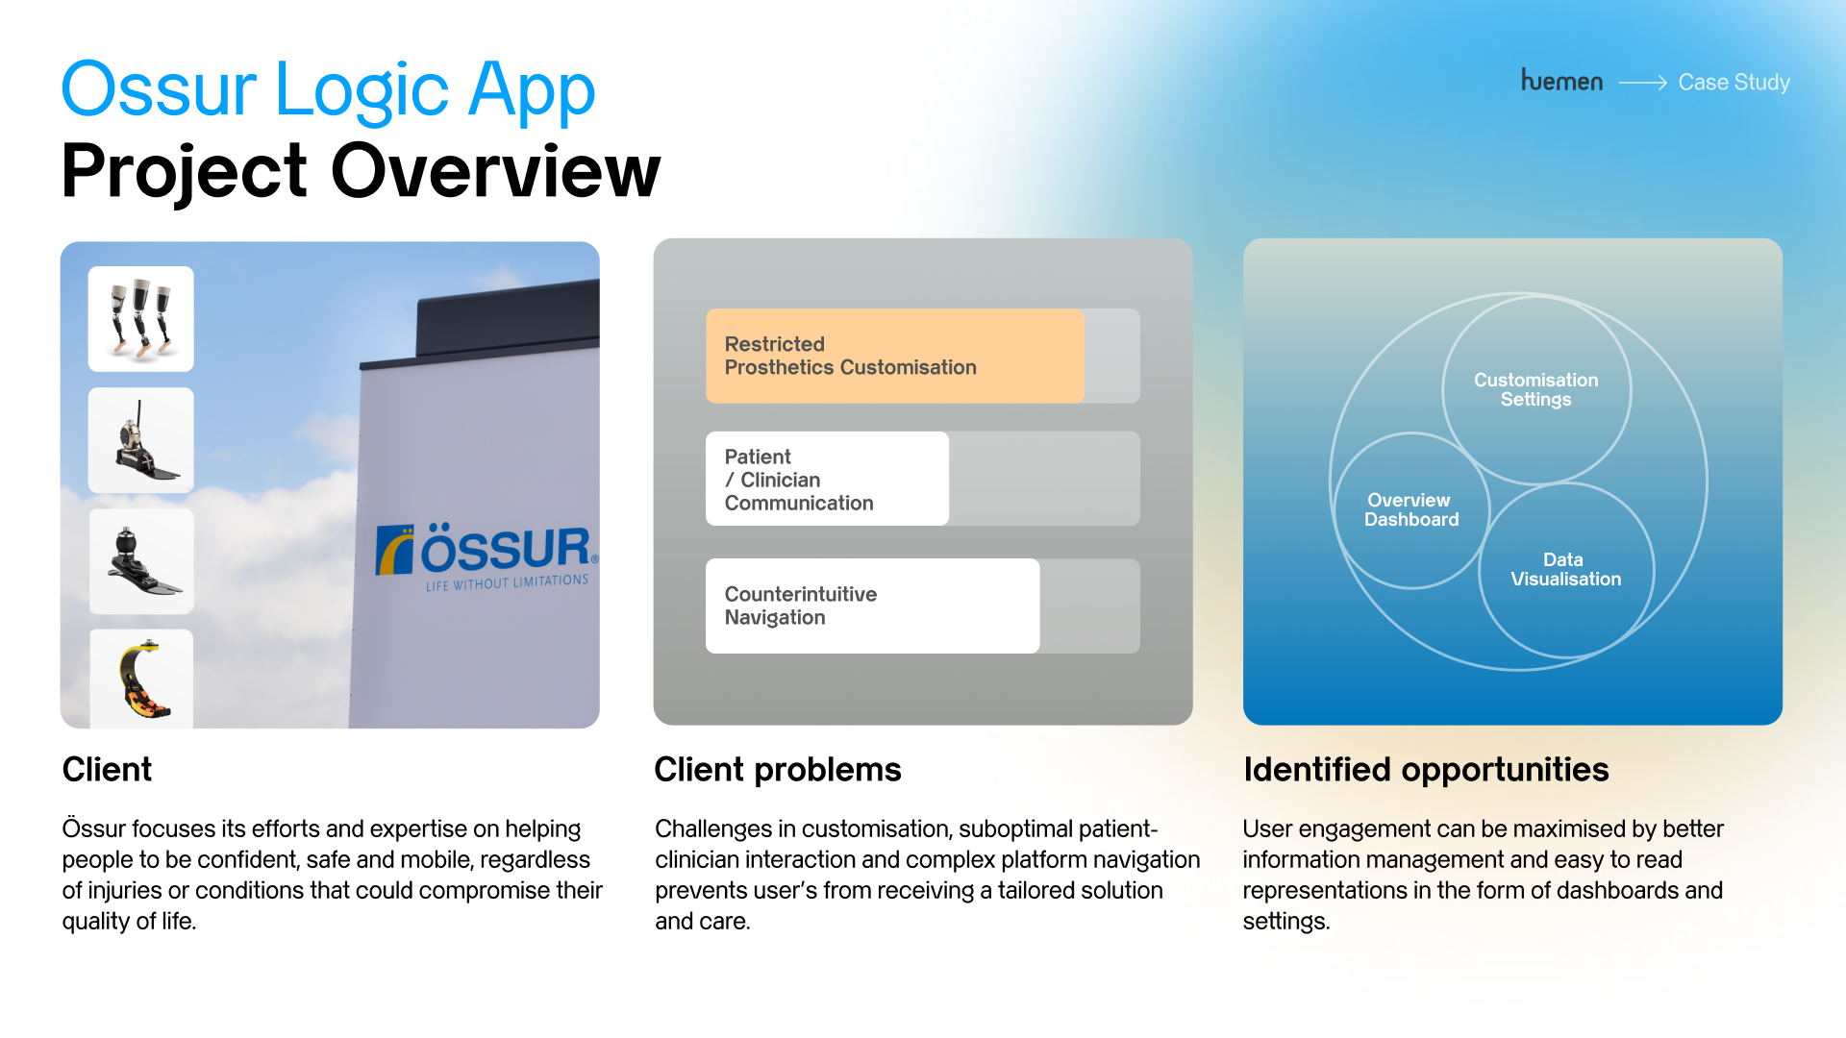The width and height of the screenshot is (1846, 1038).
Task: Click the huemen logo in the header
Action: [x=1561, y=82]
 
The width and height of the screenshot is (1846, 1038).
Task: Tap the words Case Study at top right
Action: [x=1734, y=83]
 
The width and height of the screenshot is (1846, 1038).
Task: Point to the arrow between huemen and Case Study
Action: [x=1642, y=84]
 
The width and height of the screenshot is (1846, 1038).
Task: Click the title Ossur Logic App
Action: [x=328, y=89]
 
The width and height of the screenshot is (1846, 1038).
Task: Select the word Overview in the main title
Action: [x=495, y=172]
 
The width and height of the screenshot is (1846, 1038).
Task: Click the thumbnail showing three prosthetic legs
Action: [x=141, y=319]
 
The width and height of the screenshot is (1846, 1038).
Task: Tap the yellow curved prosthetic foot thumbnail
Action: [x=141, y=679]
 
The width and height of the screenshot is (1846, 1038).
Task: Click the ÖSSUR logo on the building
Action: [x=486, y=549]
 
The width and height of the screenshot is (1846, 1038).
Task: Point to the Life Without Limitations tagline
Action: [x=507, y=583]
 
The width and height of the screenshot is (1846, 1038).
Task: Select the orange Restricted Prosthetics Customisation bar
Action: [x=894, y=356]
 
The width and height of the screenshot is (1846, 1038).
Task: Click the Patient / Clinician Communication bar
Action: [x=827, y=479]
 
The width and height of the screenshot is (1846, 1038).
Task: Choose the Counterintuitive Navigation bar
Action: [x=872, y=605]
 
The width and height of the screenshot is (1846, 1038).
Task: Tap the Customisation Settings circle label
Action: [x=1535, y=390]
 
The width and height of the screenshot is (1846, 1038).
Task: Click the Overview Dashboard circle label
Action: [x=1410, y=510]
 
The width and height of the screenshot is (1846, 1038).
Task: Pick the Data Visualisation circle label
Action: [x=1565, y=570]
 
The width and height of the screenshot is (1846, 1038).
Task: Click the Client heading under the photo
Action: [x=107, y=770]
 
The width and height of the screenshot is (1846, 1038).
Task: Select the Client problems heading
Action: [x=777, y=770]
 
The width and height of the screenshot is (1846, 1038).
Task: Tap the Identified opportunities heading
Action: [x=1425, y=770]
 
